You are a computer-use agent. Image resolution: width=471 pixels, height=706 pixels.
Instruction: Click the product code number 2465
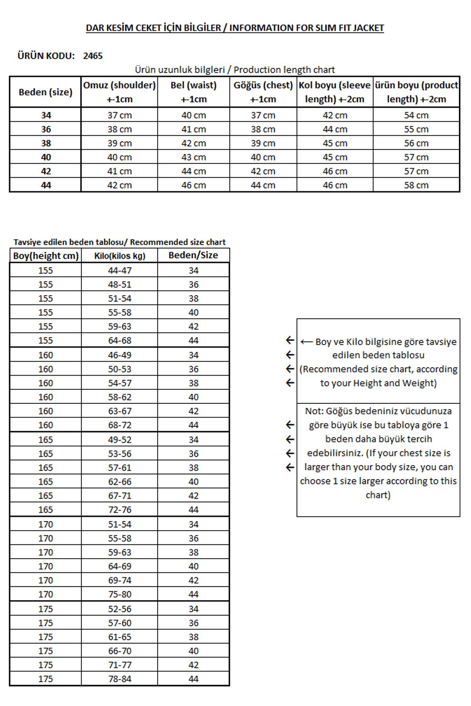pos(93,56)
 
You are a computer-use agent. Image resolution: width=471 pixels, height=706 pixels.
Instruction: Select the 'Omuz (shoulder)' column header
pos(119,92)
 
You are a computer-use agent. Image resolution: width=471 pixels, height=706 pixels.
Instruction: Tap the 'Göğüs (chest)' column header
pos(263,92)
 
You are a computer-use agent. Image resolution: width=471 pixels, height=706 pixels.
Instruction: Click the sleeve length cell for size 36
pos(335,129)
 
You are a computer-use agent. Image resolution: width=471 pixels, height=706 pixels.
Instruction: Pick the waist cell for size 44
pos(194,185)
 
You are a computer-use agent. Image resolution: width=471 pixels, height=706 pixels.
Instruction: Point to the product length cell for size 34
pos(416,115)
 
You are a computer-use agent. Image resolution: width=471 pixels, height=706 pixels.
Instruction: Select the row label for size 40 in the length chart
pos(46,157)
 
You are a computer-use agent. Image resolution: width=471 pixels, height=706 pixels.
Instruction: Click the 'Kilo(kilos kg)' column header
pos(119,256)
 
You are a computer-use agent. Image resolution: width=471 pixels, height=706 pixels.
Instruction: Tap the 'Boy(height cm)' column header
pos(46,256)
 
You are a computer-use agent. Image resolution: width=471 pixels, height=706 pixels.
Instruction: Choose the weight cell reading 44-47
pos(120,270)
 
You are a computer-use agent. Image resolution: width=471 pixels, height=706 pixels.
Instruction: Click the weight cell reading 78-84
pos(120,679)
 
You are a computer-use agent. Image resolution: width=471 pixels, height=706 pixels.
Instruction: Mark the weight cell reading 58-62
pos(120,397)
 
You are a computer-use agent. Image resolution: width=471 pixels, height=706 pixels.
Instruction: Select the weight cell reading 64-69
pos(120,566)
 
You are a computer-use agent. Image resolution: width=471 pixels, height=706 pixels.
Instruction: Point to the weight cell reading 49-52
pos(120,440)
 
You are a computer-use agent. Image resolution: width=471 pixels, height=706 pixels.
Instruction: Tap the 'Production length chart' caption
pos(284,70)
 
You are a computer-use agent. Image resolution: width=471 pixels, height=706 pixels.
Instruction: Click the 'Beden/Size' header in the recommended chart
pos(193,255)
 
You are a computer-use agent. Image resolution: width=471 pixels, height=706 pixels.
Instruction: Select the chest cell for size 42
pos(263,171)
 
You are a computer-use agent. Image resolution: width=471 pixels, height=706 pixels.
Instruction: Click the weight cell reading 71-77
pos(120,665)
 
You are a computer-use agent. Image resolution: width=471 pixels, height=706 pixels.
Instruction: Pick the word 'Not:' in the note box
pos(314,411)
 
